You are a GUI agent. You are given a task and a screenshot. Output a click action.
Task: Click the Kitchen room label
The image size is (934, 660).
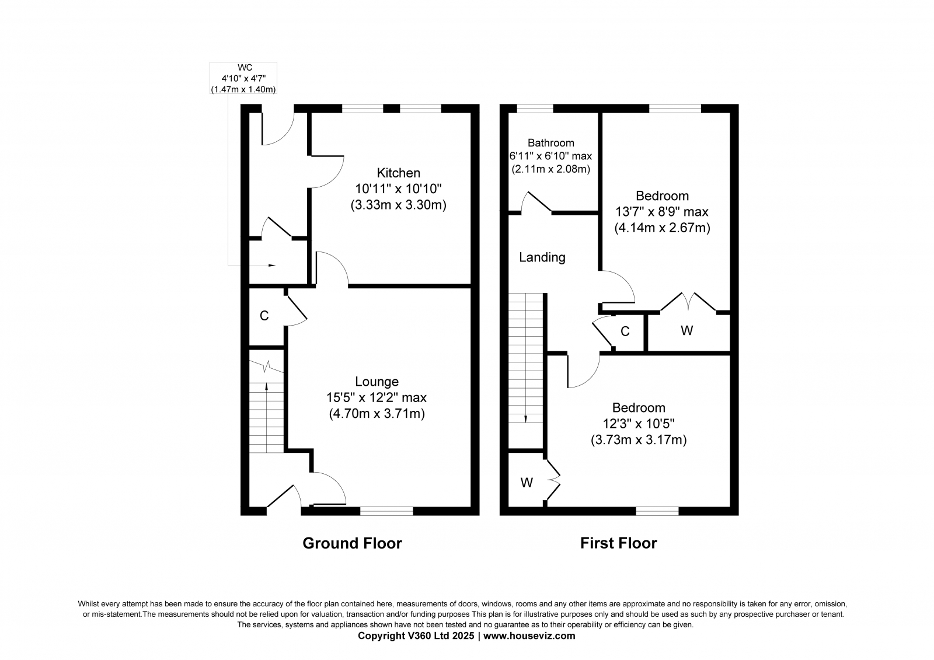(x=398, y=173)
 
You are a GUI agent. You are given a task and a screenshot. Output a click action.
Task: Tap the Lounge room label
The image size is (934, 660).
(x=377, y=382)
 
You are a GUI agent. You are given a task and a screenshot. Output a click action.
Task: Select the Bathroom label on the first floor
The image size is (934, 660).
(x=550, y=143)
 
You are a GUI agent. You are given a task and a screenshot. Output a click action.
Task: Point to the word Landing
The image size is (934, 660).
(x=542, y=257)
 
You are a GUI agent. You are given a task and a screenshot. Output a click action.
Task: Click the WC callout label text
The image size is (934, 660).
(x=245, y=68)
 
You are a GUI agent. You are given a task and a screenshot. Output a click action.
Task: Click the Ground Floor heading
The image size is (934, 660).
(x=352, y=543)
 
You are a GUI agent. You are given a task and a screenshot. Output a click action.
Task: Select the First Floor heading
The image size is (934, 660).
(x=618, y=543)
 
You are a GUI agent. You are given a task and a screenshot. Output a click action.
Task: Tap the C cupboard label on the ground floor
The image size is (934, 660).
(x=264, y=316)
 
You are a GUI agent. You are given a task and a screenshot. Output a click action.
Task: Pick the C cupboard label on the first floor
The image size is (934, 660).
(x=625, y=331)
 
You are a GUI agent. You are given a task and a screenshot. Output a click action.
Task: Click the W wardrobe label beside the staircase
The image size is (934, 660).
(x=527, y=483)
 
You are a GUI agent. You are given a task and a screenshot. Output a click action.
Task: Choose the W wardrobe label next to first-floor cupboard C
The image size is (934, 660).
(x=686, y=331)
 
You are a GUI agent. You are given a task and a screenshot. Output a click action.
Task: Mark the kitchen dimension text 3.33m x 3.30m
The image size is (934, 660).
(x=398, y=205)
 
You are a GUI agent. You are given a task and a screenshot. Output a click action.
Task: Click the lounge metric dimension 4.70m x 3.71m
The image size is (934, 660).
(x=377, y=414)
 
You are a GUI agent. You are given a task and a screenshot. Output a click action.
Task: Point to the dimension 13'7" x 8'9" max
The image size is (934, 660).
(x=662, y=212)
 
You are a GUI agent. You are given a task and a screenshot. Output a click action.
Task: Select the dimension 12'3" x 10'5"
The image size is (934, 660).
(x=639, y=424)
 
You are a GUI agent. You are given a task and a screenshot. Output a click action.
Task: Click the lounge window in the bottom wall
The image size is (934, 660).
(x=386, y=511)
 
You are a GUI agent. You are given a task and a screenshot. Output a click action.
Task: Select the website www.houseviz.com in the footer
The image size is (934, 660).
(x=529, y=636)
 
